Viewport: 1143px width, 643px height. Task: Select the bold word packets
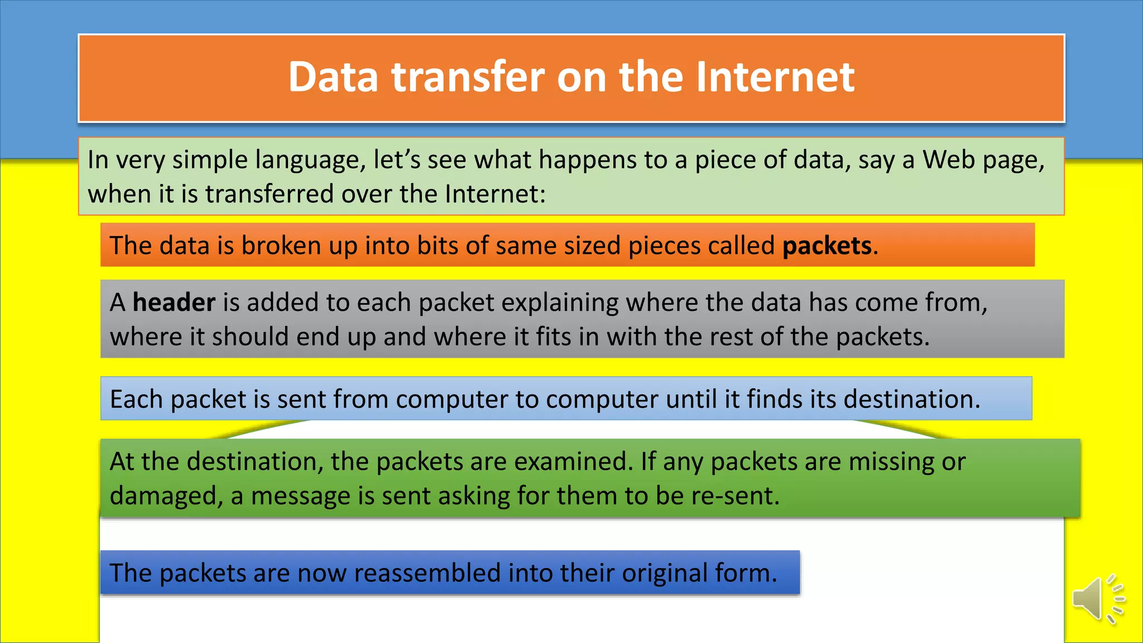(x=827, y=246)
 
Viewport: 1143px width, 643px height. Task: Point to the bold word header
(x=174, y=303)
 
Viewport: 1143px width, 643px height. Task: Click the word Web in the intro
(x=948, y=160)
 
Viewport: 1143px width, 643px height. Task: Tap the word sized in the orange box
(x=591, y=246)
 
